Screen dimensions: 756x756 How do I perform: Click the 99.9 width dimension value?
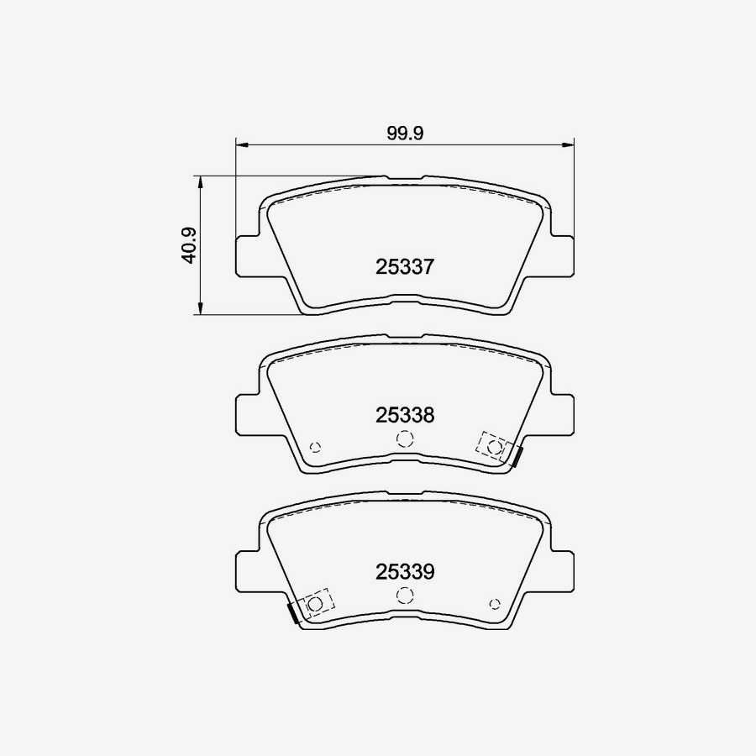pyautogui.click(x=404, y=133)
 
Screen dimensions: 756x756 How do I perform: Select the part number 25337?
pyautogui.click(x=404, y=267)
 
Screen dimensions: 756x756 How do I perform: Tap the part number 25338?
pyautogui.click(x=404, y=415)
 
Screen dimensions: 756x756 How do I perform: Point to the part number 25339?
pyautogui.click(x=404, y=573)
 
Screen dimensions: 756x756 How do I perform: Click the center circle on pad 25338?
pyautogui.click(x=405, y=438)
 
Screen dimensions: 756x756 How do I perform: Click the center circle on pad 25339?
pyautogui.click(x=405, y=595)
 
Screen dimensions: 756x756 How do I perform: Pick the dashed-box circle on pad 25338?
pyautogui.click(x=494, y=447)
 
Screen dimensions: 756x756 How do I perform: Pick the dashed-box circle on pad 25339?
pyautogui.click(x=316, y=603)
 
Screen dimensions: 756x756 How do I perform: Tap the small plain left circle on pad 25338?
pyautogui.click(x=316, y=447)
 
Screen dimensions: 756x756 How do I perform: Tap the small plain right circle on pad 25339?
pyautogui.click(x=494, y=603)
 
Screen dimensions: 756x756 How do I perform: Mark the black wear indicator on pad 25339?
pyautogui.click(x=292, y=614)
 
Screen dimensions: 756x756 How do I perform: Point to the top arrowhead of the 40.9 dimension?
pyautogui.click(x=200, y=181)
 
